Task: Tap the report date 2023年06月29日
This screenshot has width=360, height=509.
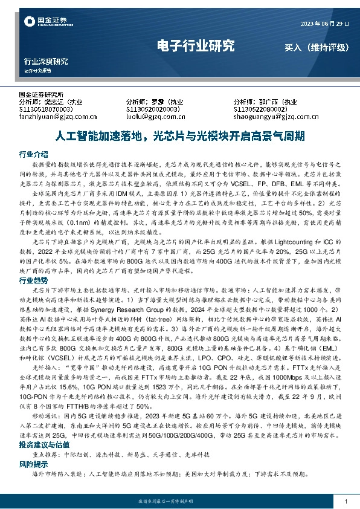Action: tap(325, 24)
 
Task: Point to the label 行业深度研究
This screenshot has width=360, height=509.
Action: tap(45, 62)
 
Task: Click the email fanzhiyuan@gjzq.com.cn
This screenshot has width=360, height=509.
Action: tap(57, 117)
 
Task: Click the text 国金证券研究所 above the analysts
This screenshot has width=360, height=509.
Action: tap(42, 95)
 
